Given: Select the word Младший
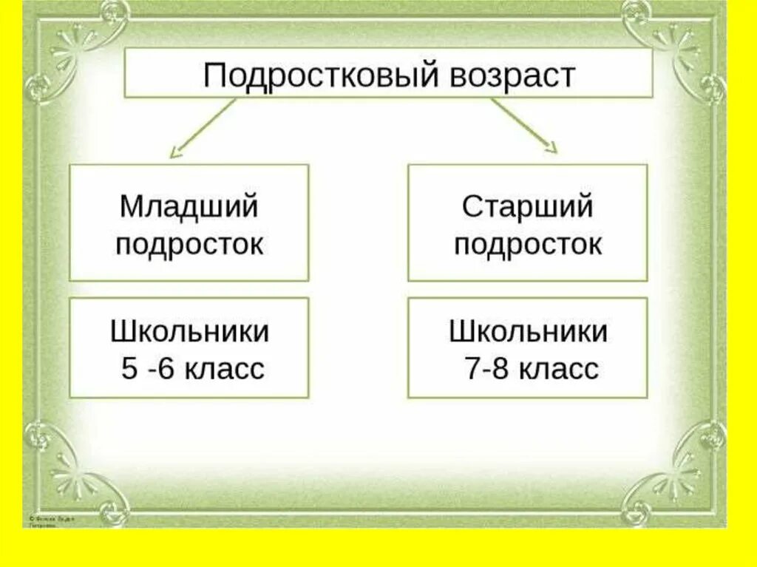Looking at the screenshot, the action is pyautogui.click(x=189, y=207).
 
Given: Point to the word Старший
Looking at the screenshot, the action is pyautogui.click(x=527, y=207).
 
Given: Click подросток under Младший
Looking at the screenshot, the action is pyautogui.click(x=189, y=244).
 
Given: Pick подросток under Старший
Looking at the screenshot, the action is pyautogui.click(x=527, y=244).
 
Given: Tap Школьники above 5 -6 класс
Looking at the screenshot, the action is pyautogui.click(x=189, y=332).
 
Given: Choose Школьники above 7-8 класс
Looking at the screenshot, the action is pyautogui.click(x=527, y=332).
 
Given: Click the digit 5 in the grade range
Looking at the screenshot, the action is pyautogui.click(x=129, y=369).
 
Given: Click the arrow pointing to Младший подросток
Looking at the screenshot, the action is pyautogui.click(x=200, y=129).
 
